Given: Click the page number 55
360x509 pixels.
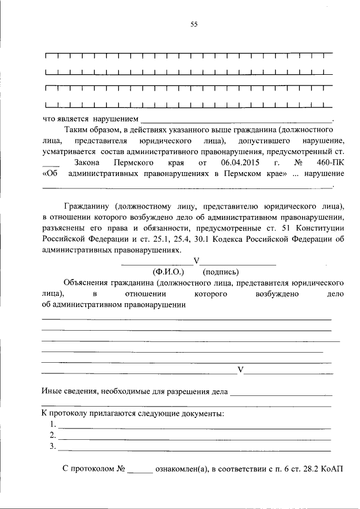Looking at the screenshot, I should point(194,24).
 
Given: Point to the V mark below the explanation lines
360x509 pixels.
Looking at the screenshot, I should point(241,370).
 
